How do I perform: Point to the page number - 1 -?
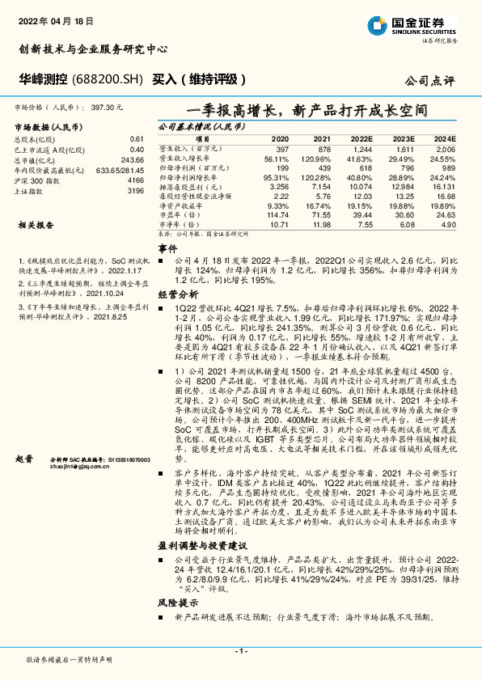point(241,651)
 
